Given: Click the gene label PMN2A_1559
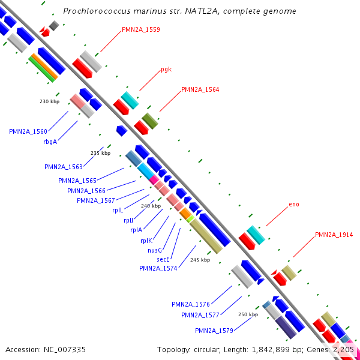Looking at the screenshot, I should pos(140,29).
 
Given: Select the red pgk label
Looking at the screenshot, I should pos(166,70).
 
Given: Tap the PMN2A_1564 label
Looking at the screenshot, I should pos(200,89).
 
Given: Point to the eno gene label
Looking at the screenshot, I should pos(293,205).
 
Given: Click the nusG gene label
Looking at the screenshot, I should pos(155,250).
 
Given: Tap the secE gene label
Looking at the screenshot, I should pos(163,259).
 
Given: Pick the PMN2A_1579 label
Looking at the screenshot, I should pos(214,331).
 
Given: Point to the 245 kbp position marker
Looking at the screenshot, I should pos(200,260).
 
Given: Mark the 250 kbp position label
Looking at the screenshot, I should pos(248,314).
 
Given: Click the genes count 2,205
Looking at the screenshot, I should pos(343,349).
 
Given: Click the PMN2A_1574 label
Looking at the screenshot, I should pos(158,269).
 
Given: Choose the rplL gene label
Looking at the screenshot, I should pos(117,211).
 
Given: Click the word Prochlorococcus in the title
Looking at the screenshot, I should pos(95,11).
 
